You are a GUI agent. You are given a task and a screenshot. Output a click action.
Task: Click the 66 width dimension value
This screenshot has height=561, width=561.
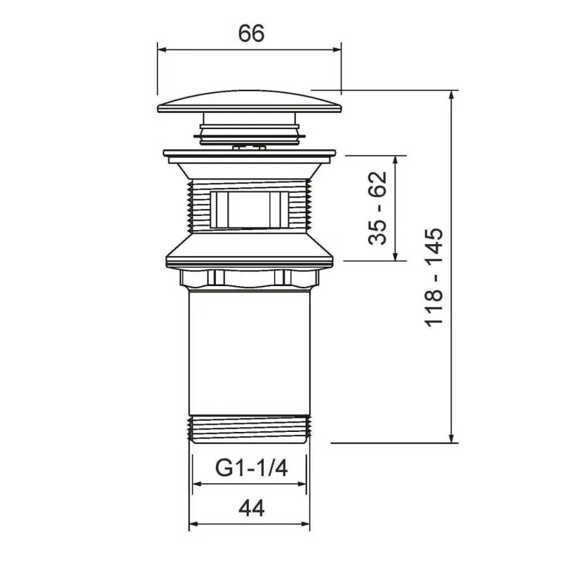[251, 33]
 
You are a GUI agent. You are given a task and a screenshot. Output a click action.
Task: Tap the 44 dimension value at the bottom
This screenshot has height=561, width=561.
[252, 508]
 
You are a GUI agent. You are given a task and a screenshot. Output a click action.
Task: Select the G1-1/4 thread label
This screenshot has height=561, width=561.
[251, 468]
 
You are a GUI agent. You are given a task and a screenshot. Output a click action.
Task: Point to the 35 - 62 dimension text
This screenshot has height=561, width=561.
[378, 208]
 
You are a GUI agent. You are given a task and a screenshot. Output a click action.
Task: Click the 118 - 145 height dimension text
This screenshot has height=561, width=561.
[433, 277]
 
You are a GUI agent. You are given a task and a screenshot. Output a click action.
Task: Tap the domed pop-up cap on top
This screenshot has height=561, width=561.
[250, 102]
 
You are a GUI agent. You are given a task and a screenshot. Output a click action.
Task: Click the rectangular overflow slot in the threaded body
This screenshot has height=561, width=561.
[250, 210]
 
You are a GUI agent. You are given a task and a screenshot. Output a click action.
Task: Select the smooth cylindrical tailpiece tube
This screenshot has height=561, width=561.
[250, 353]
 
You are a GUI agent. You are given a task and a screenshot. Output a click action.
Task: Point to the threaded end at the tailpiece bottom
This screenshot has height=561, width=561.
[250, 429]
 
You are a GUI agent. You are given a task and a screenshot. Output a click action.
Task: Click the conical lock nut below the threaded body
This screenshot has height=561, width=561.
[250, 250]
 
